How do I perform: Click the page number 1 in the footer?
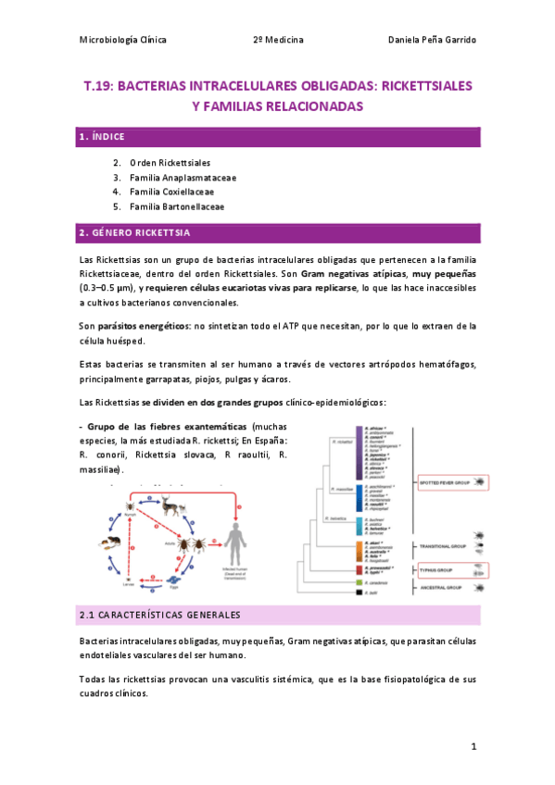click(473, 745)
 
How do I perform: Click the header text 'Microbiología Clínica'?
click(123, 41)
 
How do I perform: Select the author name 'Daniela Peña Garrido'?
click(431, 41)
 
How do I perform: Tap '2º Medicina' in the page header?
click(278, 41)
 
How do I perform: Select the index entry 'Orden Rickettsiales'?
click(170, 162)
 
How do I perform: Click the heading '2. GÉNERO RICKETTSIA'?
click(134, 232)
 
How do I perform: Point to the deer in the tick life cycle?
click(170, 506)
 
